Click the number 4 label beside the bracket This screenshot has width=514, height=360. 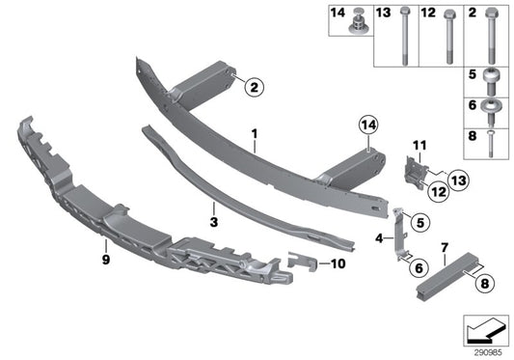[379, 236]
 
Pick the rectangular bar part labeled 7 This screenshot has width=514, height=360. [447, 274]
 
